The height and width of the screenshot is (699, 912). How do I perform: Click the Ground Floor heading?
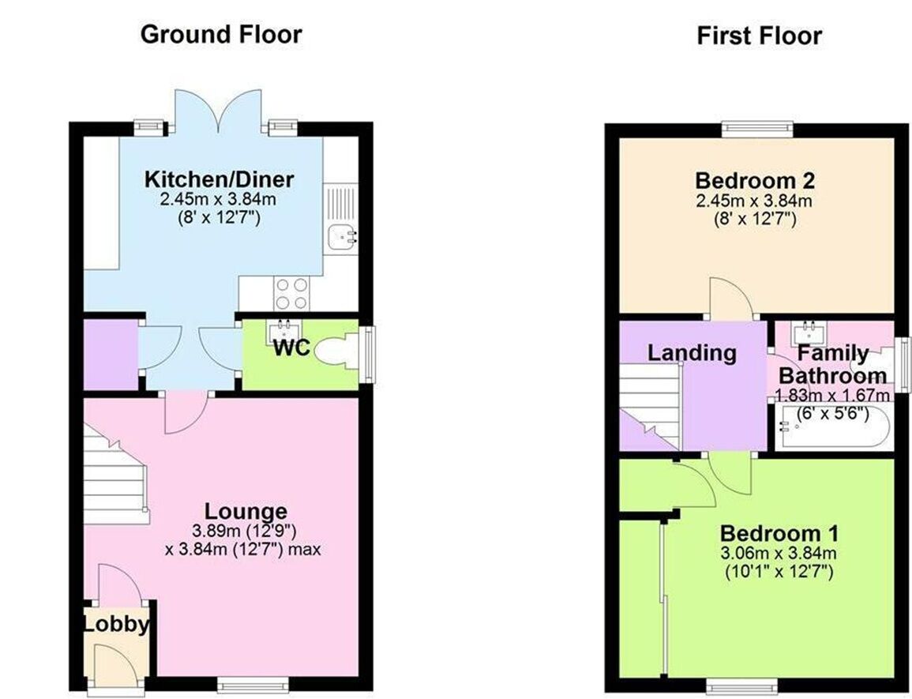pyautogui.click(x=220, y=35)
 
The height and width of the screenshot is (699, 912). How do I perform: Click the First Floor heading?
pyautogui.click(x=759, y=36)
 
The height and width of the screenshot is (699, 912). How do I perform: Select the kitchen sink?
pyautogui.click(x=340, y=235)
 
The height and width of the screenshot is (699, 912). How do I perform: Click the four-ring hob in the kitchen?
pyautogui.click(x=291, y=295)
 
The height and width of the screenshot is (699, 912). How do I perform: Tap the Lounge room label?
pyautogui.click(x=246, y=511)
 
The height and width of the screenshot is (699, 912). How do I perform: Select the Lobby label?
pyautogui.click(x=116, y=625)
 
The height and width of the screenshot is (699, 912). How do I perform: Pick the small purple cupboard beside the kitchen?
pyautogui.click(x=111, y=353)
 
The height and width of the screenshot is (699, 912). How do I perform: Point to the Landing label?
pyautogui.click(x=692, y=353)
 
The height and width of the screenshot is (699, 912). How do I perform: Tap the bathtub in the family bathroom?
pyautogui.click(x=833, y=428)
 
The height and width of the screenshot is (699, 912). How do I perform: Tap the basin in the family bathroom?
pyautogui.click(x=808, y=329)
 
